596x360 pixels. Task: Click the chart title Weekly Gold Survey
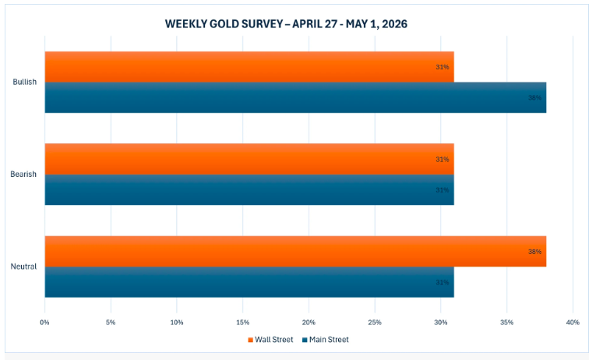(x=286, y=24)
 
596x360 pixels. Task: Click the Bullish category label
(x=25, y=82)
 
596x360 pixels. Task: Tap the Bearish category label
(x=24, y=174)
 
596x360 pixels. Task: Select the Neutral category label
(x=24, y=266)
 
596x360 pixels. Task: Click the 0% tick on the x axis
(x=44, y=322)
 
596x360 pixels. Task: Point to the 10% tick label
(x=177, y=322)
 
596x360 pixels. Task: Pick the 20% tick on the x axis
(x=309, y=322)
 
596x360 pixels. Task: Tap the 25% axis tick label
(x=375, y=322)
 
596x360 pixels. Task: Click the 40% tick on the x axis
(x=573, y=322)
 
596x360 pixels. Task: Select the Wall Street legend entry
(x=270, y=340)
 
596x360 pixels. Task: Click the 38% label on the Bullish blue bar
(x=534, y=98)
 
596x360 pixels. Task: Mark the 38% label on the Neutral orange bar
(x=534, y=252)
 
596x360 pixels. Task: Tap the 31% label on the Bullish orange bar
(x=442, y=67)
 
